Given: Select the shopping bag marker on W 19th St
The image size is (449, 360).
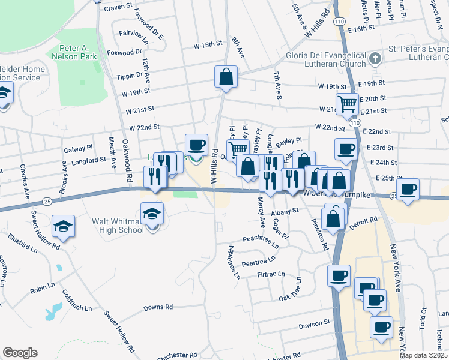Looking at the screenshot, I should coord(226,77).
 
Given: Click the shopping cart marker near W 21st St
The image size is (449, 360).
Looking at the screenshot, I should coord(347,104).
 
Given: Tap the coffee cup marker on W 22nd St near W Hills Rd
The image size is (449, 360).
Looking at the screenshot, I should coord(196,145).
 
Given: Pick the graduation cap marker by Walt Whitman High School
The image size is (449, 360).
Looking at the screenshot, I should coord(152,213).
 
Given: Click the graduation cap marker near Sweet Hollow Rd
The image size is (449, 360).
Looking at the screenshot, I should coord(63,226).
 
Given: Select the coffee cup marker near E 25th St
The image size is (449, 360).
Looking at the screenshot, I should coord(408,189).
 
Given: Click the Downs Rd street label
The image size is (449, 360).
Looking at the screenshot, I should coord(158,307).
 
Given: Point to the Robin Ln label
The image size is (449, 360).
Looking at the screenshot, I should coord(43,288).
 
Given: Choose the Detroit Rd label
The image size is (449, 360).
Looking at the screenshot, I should coord(364,221).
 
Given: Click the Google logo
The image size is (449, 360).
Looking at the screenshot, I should coord(20,353).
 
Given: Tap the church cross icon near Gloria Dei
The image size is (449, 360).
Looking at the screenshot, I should coord(375,58).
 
